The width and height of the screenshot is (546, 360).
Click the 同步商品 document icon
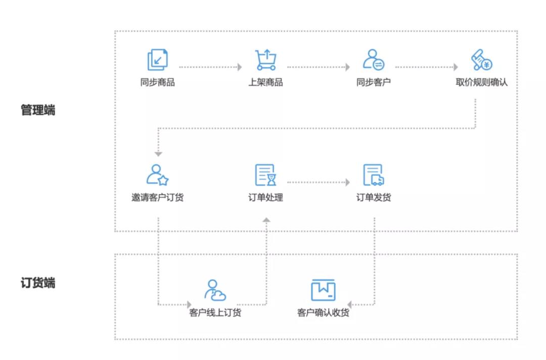click(x=158, y=60)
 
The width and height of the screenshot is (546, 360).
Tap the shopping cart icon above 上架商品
click(x=266, y=60)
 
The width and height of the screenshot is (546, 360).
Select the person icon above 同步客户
click(x=374, y=60)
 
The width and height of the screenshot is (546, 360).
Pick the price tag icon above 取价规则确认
click(x=482, y=60)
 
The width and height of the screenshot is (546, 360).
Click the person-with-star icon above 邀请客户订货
click(x=158, y=175)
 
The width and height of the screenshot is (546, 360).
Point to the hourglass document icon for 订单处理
click(x=266, y=175)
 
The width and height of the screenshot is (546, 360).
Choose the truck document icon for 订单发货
click(x=374, y=175)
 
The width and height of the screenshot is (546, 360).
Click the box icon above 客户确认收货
click(x=323, y=290)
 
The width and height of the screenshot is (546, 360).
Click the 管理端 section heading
click(x=38, y=110)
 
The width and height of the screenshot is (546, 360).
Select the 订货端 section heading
click(x=38, y=283)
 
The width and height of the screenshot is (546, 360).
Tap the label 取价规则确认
click(x=482, y=82)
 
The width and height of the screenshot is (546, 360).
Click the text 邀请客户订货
click(x=158, y=197)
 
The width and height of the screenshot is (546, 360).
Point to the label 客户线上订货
click(x=215, y=312)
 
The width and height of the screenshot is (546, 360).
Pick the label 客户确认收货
click(x=323, y=312)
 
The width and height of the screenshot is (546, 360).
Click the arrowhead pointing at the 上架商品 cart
click(x=240, y=67)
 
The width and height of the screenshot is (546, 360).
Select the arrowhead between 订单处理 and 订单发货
click(x=347, y=182)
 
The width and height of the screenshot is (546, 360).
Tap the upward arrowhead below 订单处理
click(x=266, y=219)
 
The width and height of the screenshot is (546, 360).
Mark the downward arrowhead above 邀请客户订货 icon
click(x=158, y=154)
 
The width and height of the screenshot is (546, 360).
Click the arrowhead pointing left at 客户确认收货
click(x=350, y=305)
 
